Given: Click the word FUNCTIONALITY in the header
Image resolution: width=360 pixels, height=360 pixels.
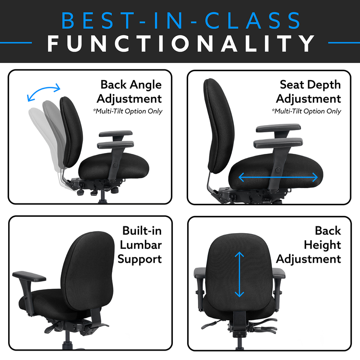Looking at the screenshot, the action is tap(181, 43).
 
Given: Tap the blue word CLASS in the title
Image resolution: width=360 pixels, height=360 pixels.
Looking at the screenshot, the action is tap(252, 21).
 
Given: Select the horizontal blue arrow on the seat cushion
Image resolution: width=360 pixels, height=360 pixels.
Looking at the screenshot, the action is tap(278, 177).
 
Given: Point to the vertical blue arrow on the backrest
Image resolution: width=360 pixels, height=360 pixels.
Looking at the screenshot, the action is tap(239, 274).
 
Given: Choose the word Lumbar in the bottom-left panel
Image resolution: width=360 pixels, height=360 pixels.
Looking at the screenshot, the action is tap(141, 245).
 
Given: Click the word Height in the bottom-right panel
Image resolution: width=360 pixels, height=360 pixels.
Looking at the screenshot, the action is tap(322, 245).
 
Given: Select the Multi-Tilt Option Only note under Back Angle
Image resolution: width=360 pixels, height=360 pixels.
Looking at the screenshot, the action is tap(128, 111).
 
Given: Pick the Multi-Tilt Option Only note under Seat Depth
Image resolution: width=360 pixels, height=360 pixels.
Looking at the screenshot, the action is tap(306, 111).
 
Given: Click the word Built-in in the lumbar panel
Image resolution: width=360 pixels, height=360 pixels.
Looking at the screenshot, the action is tap(142, 230).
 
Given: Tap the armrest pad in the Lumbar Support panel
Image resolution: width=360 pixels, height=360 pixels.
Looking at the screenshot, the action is tap(29, 276).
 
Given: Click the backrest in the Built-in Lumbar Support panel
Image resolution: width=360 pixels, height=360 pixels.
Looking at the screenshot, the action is tap(88, 271).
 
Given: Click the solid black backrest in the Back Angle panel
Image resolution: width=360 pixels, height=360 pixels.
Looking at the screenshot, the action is tap(71, 132).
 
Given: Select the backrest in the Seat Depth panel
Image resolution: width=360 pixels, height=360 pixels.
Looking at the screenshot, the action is tap(219, 126).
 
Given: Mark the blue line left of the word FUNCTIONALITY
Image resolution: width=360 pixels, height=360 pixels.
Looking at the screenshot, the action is tap(16, 43).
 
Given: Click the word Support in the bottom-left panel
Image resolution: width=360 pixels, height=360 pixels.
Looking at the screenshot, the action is tap(139, 260).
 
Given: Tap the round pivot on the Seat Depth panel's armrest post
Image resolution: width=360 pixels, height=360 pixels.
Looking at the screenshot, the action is tap(278, 170).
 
